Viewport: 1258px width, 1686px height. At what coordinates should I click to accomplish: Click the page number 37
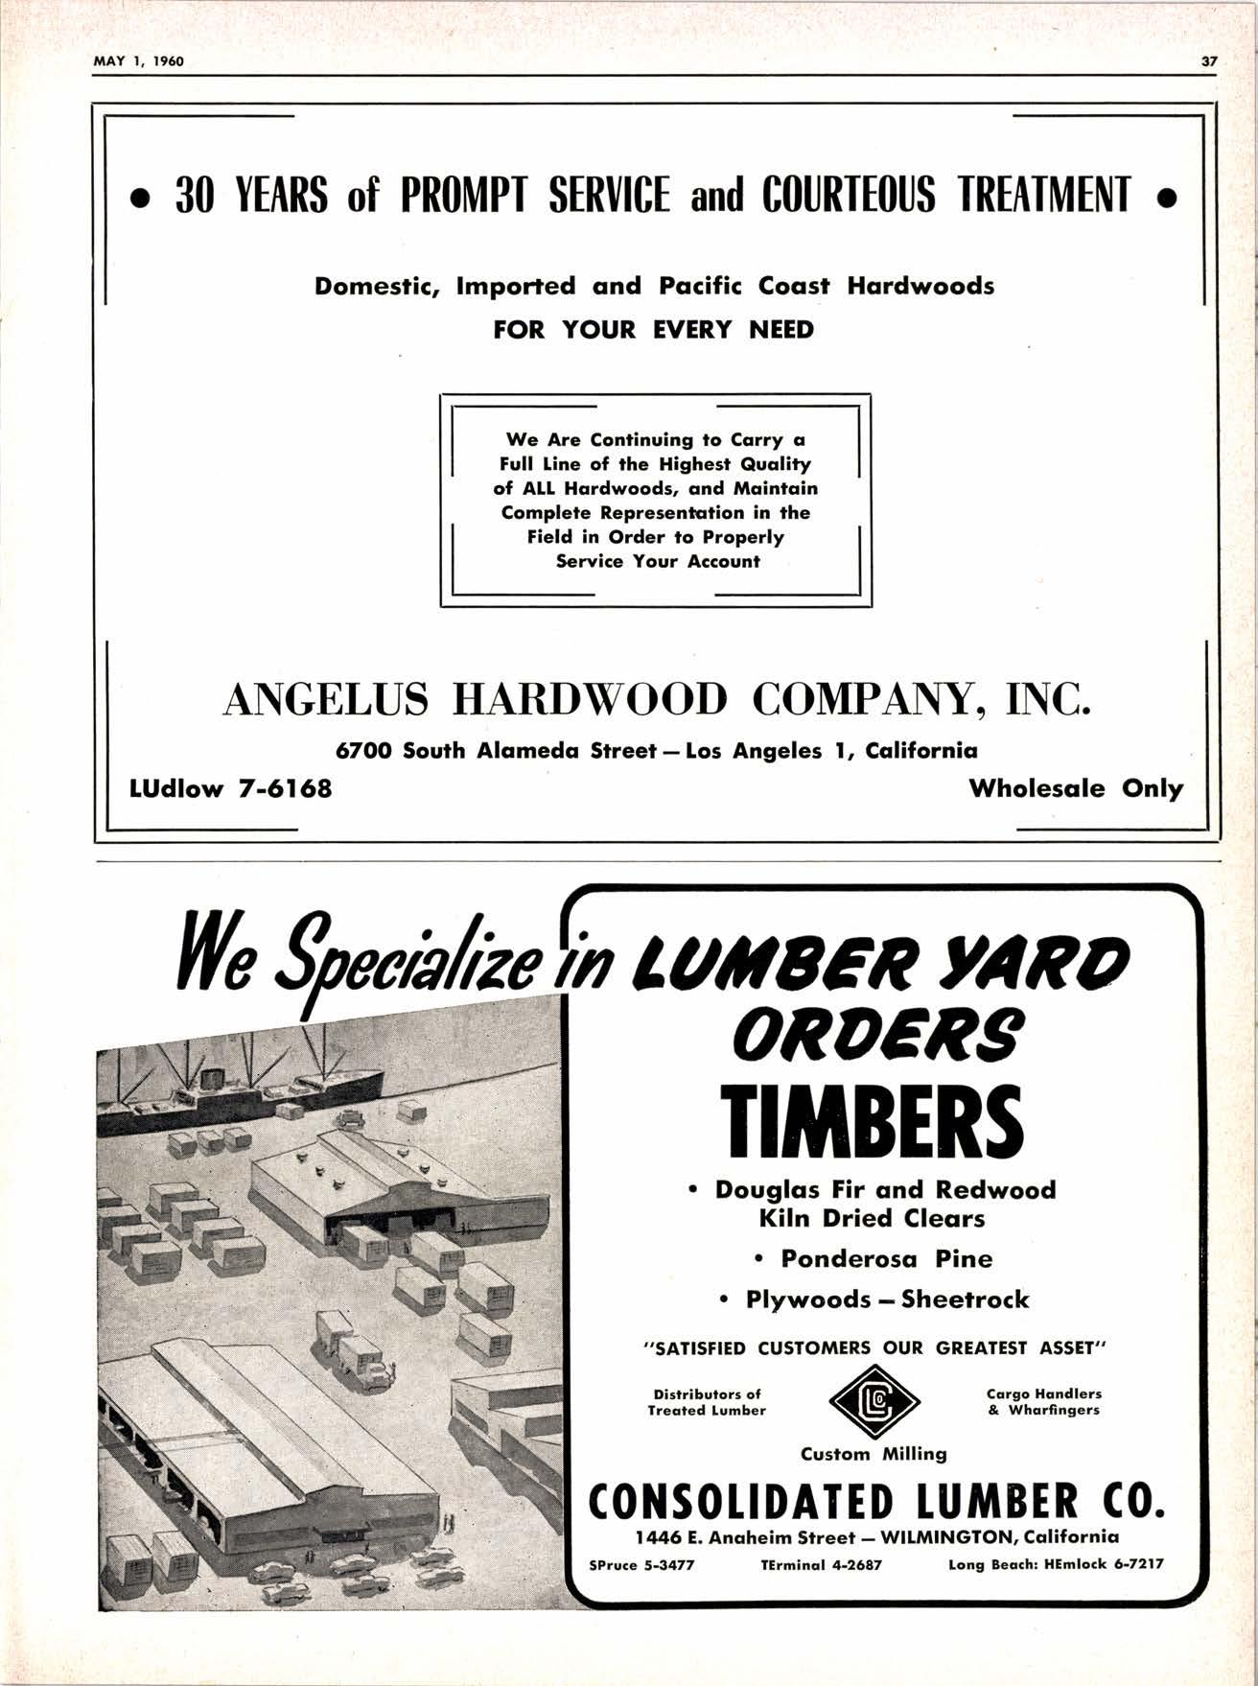pos(1208,62)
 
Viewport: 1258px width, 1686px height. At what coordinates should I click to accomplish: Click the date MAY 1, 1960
pos(139,62)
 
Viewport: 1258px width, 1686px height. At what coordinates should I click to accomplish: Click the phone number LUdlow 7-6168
pos(231,788)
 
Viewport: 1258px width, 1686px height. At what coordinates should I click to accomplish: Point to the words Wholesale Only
pos(1076,788)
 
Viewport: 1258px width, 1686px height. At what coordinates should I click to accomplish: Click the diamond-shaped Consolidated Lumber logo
pos(873,1403)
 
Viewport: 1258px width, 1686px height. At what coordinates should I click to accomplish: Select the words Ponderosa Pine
pos(886,1258)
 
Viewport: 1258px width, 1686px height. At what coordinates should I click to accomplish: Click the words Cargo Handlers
pos(1043,1393)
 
